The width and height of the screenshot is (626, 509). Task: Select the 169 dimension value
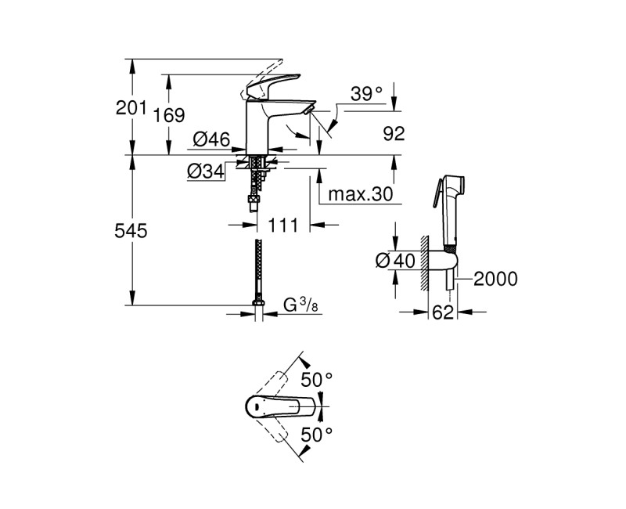click(x=168, y=115)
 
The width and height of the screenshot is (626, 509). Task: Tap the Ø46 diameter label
click(x=210, y=140)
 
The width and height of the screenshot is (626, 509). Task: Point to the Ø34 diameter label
click(x=206, y=171)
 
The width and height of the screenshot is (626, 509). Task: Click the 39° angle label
click(x=366, y=95)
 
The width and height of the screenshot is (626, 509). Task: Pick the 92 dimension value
click(x=394, y=133)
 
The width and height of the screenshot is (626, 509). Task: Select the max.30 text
click(x=359, y=194)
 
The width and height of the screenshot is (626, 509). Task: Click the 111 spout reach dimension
click(x=283, y=226)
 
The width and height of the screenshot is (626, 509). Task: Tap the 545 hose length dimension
click(x=131, y=231)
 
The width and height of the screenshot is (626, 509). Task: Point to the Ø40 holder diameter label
click(x=394, y=259)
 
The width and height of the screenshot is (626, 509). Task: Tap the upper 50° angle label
click(x=318, y=380)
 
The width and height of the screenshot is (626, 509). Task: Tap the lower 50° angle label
click(x=318, y=432)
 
